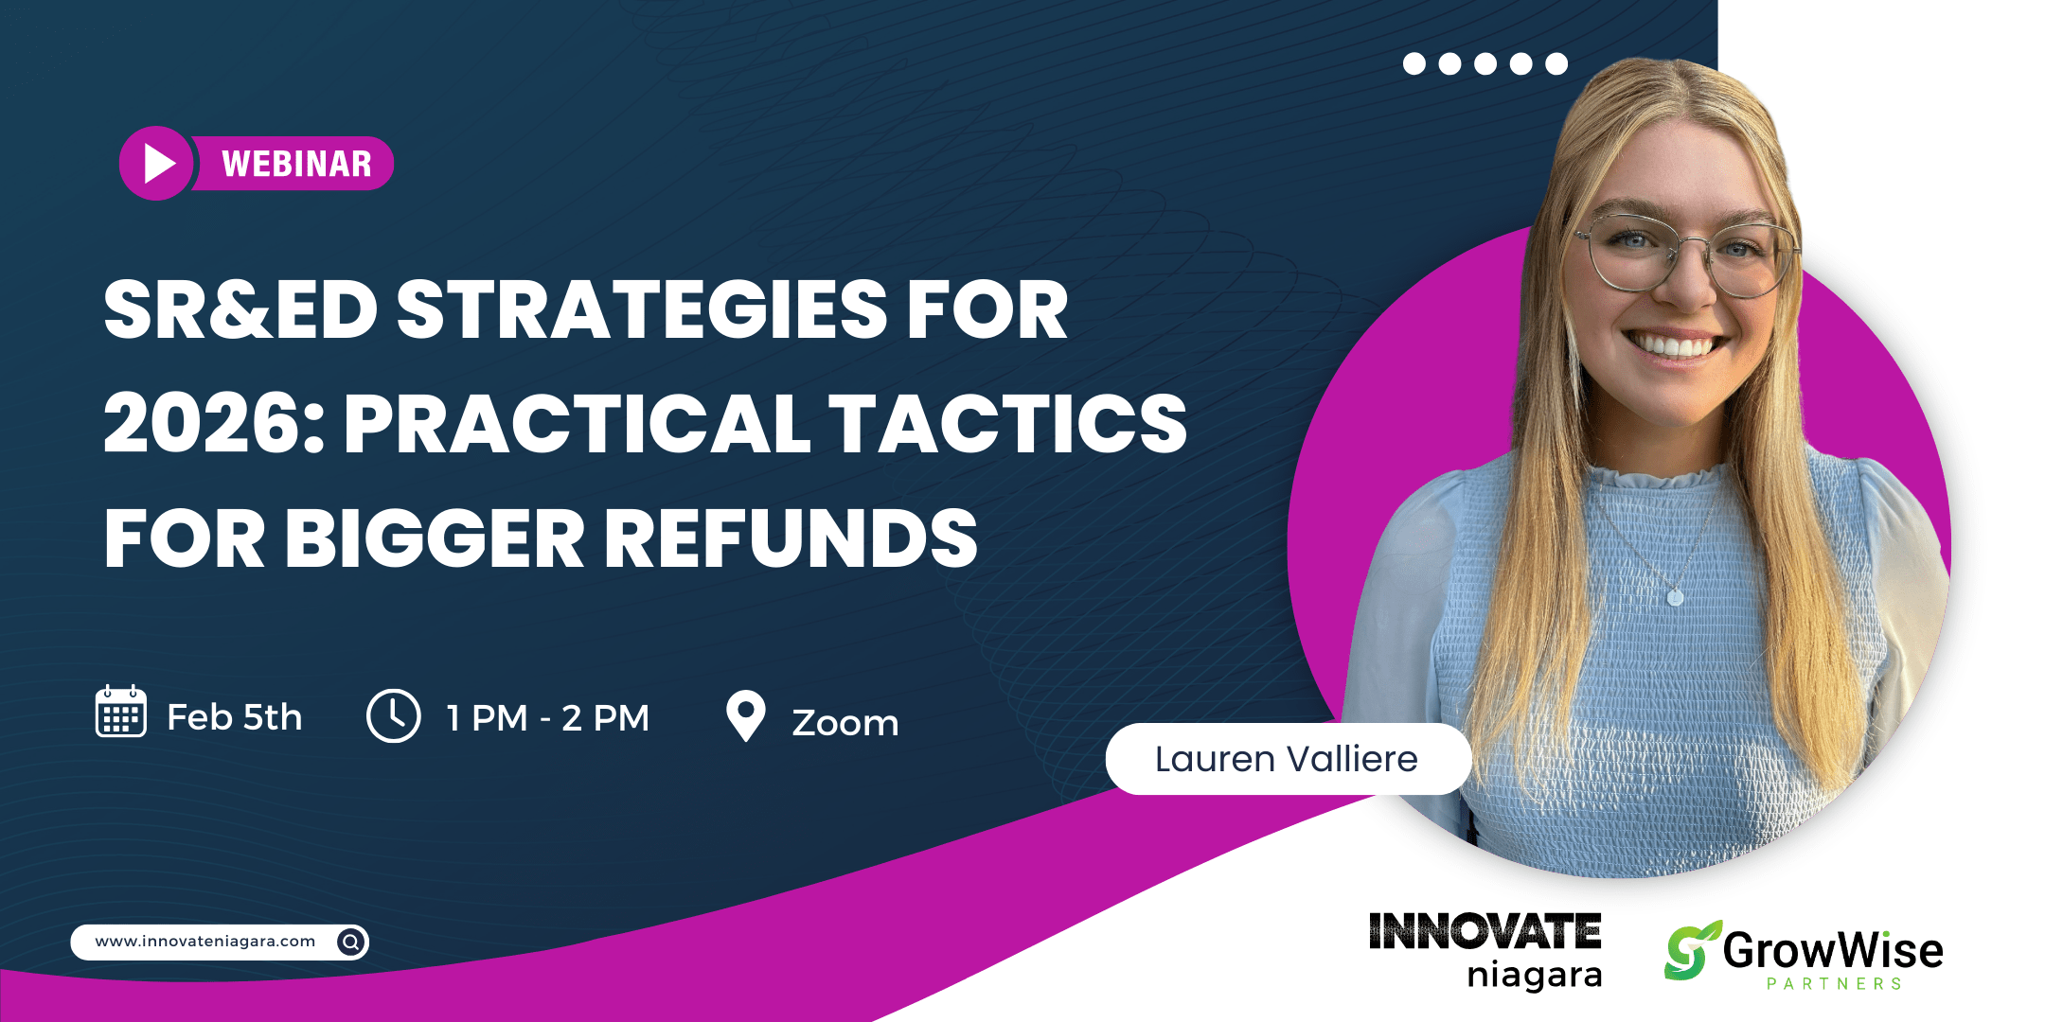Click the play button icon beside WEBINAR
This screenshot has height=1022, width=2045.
point(157,164)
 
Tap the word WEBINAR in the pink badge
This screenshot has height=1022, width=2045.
point(296,165)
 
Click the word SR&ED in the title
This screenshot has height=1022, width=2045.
point(240,309)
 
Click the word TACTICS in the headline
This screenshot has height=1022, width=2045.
point(1008,423)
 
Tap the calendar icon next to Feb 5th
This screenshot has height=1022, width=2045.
point(121,712)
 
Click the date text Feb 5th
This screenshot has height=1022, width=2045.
point(235,717)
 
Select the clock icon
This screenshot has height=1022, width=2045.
point(394,715)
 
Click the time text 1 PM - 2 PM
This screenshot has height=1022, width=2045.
point(548,718)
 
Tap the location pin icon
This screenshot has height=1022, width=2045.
point(746,715)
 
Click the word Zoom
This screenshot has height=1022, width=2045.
point(845,723)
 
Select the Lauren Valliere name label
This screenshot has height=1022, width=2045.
point(1288,759)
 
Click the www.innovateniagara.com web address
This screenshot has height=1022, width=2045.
point(205,942)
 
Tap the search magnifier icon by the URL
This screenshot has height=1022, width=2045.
point(351,942)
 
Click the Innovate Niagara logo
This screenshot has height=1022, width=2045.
point(1485,950)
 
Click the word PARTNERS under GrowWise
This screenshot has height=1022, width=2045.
point(1835,984)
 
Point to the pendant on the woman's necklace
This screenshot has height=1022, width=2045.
point(1675,597)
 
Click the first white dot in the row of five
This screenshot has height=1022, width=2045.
point(1414,63)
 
